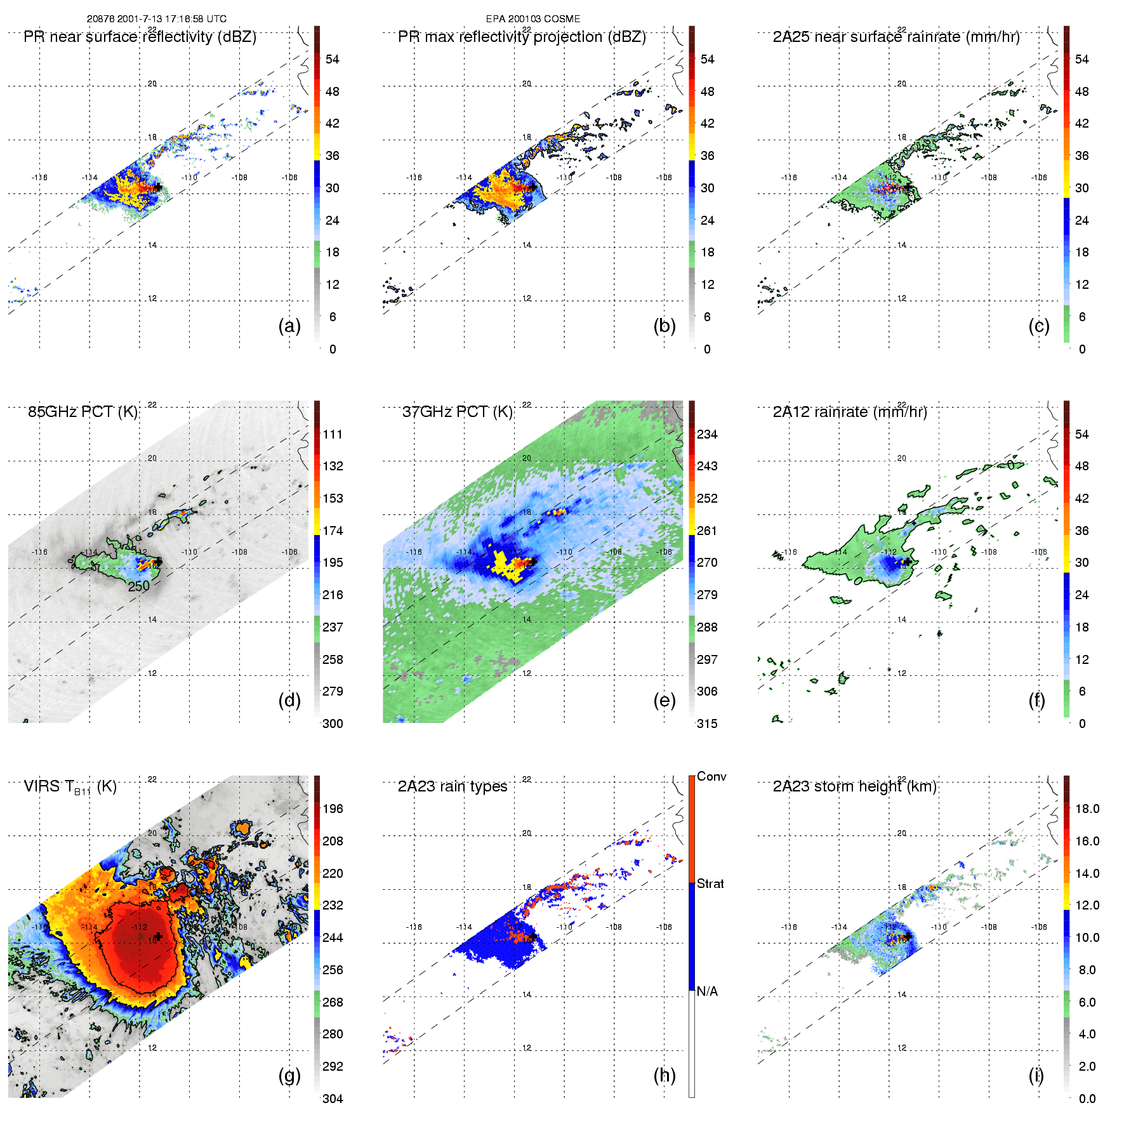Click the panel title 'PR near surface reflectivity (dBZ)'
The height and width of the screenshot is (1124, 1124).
(140, 37)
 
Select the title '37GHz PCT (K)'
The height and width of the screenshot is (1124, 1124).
(457, 412)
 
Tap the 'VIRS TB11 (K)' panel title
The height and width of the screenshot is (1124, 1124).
(70, 787)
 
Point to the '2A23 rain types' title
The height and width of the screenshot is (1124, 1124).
(453, 787)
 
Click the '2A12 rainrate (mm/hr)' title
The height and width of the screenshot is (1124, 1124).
(850, 412)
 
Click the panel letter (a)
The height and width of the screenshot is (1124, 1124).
(289, 326)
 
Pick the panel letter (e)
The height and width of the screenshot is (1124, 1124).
(664, 701)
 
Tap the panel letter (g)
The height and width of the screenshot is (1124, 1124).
(289, 1075)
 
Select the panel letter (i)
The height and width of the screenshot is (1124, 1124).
(1036, 1075)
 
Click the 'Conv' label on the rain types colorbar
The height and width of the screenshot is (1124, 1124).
(711, 777)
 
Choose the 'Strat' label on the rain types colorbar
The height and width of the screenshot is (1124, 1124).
(710, 884)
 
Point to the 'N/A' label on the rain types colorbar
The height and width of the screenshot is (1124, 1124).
(707, 991)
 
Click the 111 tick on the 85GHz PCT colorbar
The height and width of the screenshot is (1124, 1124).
(333, 435)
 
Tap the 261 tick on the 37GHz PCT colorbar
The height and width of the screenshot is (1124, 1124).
(707, 531)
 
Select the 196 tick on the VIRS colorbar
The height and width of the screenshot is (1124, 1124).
(333, 809)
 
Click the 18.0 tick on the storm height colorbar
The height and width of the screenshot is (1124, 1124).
(1087, 809)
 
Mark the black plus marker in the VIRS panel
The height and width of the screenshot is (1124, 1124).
(158, 936)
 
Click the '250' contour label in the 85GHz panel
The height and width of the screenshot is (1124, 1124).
(139, 586)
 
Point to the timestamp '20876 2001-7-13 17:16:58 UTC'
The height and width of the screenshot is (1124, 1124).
(157, 19)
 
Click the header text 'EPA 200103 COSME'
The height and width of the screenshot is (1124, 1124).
(533, 19)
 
